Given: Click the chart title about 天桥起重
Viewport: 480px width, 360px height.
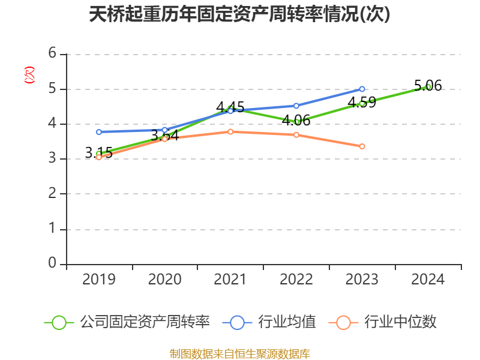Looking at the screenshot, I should click(239, 14).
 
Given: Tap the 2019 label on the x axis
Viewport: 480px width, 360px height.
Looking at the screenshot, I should click(99, 280).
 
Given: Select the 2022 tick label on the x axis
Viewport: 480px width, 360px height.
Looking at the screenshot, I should click(296, 280).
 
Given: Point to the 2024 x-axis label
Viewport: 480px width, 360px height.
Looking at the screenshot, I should click(428, 280).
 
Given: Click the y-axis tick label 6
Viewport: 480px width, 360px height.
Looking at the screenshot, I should click(53, 53).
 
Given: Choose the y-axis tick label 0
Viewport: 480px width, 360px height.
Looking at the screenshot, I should click(53, 263).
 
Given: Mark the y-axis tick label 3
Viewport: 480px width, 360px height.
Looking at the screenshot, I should click(53, 158).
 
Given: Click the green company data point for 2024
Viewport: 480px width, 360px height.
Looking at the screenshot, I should click(428, 86).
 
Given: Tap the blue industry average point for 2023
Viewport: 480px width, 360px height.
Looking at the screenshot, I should click(362, 89).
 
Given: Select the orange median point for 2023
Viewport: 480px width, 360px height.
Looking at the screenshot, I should click(362, 146).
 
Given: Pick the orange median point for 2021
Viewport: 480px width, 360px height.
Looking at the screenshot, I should click(230, 131).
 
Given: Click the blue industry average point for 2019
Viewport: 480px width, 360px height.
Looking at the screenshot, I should click(99, 131).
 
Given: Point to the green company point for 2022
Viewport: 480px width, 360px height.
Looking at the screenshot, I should click(296, 121).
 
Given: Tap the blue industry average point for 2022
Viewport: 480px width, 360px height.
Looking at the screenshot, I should click(296, 106).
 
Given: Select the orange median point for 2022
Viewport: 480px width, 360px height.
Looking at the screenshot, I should click(296, 134).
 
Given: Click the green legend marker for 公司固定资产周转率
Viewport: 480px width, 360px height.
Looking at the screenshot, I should click(59, 322).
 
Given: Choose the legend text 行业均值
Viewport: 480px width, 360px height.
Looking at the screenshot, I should click(287, 322).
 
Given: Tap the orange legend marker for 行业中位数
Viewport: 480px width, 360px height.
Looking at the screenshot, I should click(343, 322).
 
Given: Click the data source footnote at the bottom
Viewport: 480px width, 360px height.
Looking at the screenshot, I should click(239, 353).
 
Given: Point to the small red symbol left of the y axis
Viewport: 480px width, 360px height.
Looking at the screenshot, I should click(29, 75).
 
